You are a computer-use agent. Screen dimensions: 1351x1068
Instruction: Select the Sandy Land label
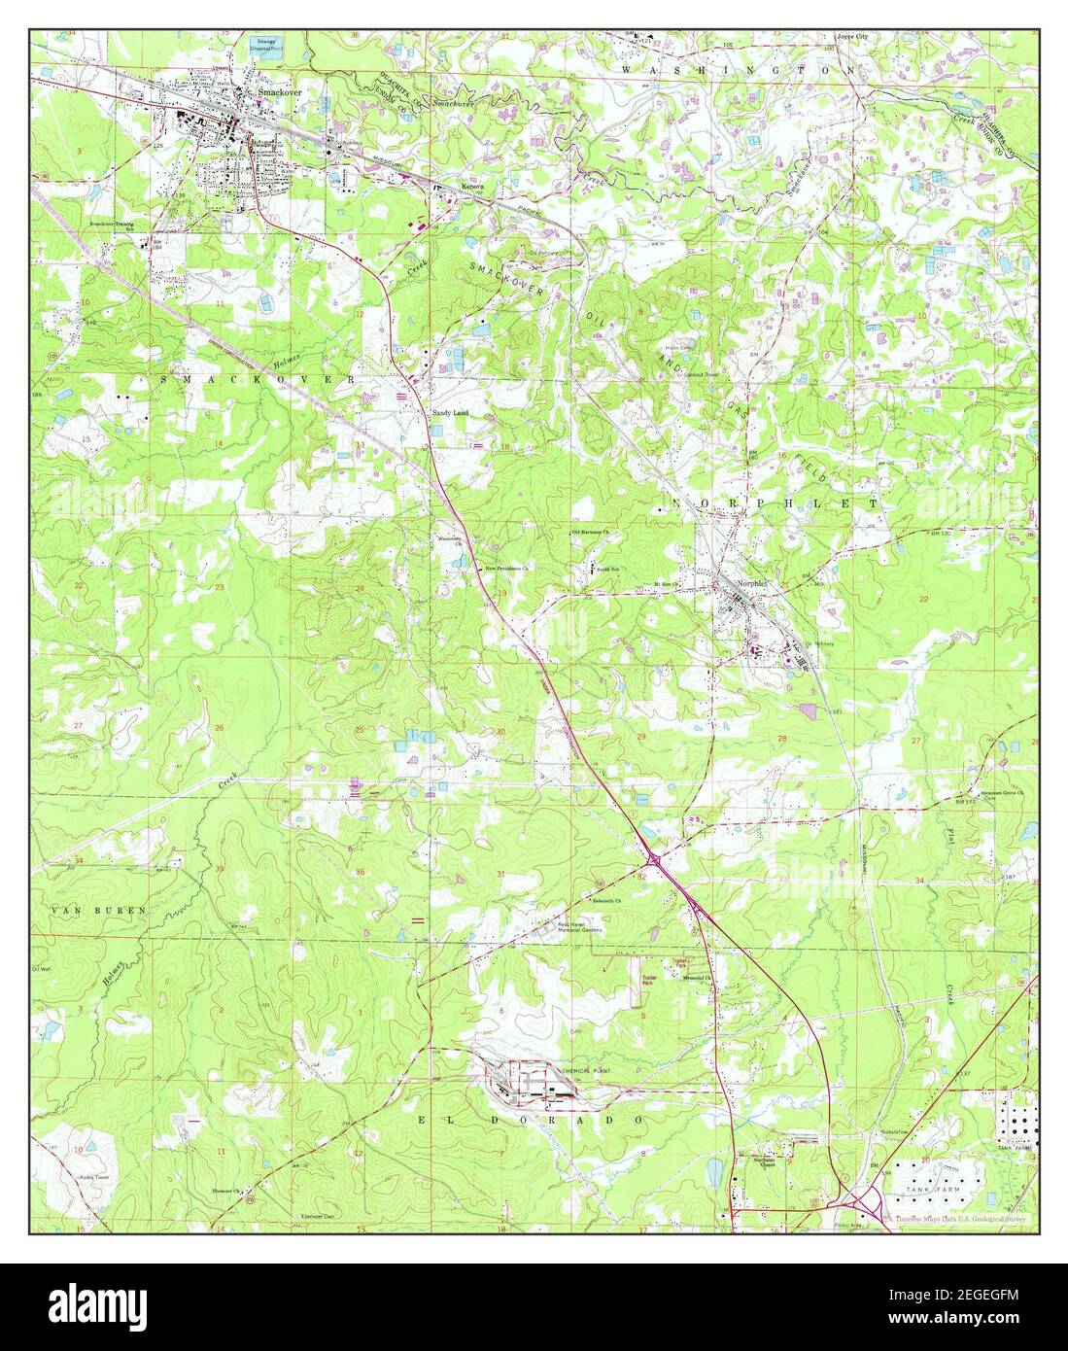coord(450,413)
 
